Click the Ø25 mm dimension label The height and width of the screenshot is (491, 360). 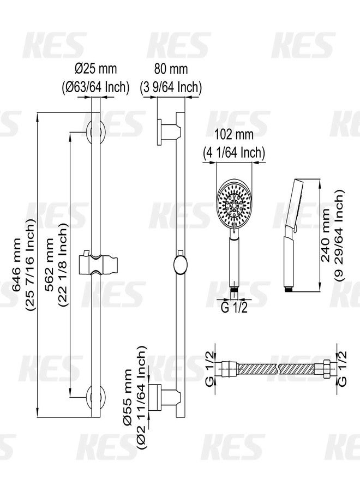click(95, 69)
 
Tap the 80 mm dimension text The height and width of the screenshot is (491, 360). click(171, 69)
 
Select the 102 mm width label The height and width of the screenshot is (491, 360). click(234, 135)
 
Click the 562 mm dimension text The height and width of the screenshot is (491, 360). click(50, 265)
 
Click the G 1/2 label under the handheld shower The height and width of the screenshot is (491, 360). click(234, 308)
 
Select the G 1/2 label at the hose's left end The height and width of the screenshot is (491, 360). click(210, 368)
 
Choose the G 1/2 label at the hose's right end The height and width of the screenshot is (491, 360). click(342, 368)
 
